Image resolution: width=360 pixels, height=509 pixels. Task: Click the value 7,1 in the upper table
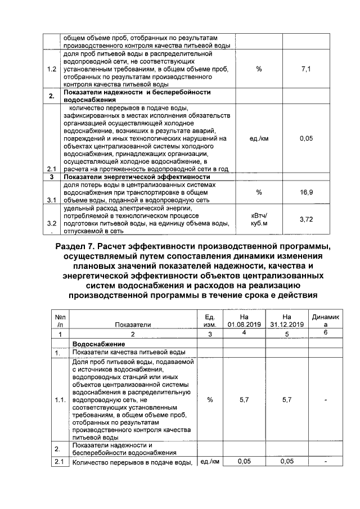point(307,69)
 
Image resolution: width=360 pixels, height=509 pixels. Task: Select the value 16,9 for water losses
point(307,192)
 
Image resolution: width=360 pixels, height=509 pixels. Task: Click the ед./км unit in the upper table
point(259,138)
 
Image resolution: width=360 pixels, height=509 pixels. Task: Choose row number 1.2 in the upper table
point(51,69)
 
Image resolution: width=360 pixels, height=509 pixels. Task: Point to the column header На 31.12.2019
point(286,321)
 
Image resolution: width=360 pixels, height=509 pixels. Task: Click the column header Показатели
point(133,325)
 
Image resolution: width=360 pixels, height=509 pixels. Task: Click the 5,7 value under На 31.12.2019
point(286,400)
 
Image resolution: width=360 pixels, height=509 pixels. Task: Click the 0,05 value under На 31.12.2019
point(286,462)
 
